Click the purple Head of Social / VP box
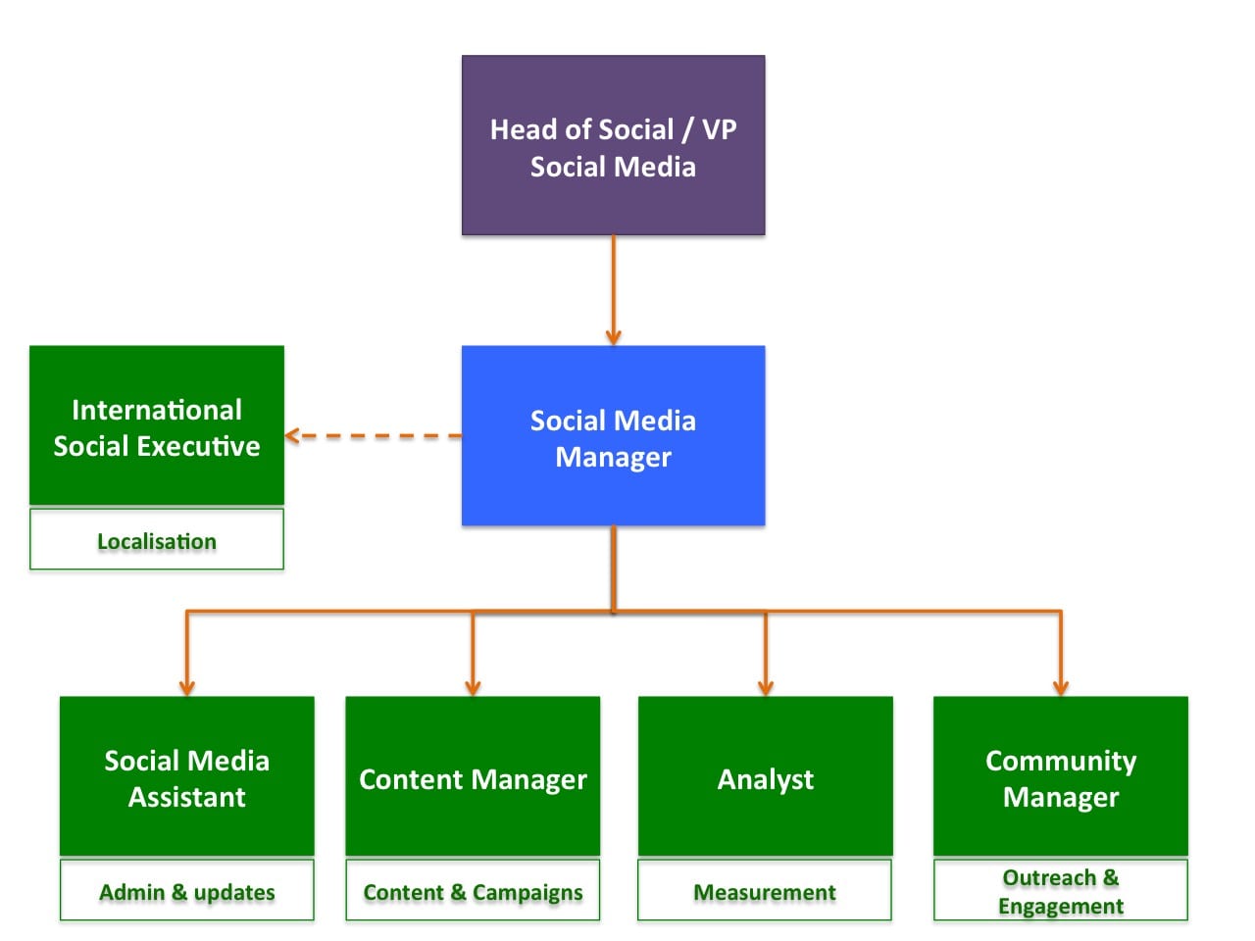coord(613,145)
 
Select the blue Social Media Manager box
coord(613,436)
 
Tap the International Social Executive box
coord(157,425)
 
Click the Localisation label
coord(157,540)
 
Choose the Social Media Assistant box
coord(186,776)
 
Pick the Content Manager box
coord(473,776)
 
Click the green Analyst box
coord(765,776)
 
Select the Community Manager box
coord(1060,776)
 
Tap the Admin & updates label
coord(186,891)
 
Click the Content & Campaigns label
coord(473,891)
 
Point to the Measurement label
coord(765,891)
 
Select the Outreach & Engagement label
coord(1060,891)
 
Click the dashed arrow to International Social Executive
coord(373,435)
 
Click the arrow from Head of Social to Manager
coord(613,289)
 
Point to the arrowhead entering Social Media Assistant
coord(186,687)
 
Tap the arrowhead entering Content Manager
coord(473,687)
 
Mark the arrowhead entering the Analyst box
coord(766,687)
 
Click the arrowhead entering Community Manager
coord(1060,687)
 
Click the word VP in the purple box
coord(719,129)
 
